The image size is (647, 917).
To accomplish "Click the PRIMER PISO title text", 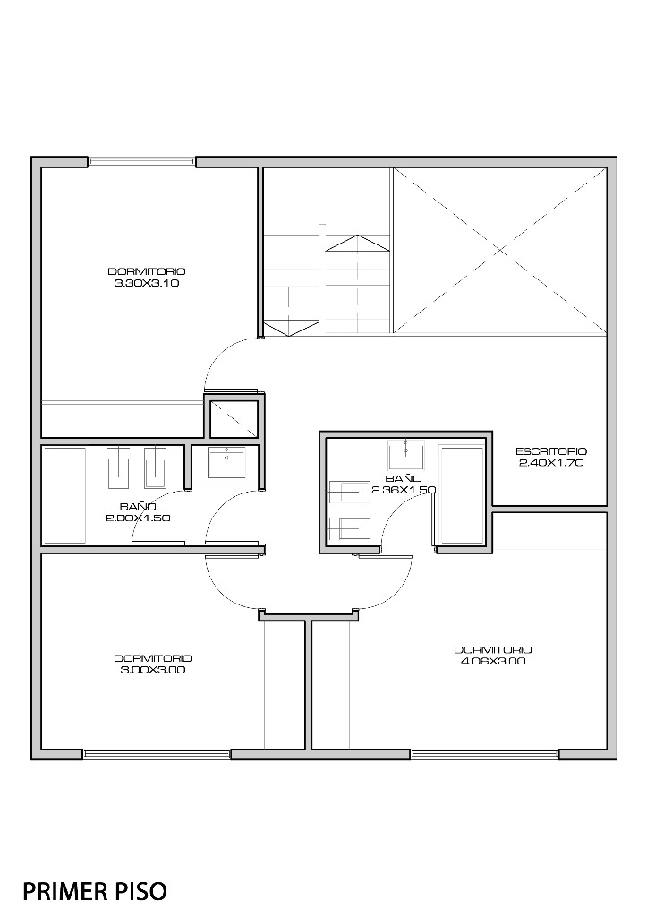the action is click(x=95, y=891).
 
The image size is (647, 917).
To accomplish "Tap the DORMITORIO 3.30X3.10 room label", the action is click(x=147, y=278).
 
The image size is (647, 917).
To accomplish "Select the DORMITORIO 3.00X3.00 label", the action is click(x=153, y=664).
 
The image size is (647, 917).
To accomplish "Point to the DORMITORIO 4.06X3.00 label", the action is click(x=493, y=656).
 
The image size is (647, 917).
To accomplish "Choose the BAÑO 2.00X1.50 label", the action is click(x=138, y=511).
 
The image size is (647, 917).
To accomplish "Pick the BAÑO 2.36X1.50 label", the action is click(x=404, y=484).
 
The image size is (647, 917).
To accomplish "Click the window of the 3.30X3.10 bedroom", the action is click(x=141, y=162).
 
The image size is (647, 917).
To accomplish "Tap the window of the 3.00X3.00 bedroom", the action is click(x=157, y=754).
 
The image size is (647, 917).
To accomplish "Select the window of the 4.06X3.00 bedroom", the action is click(x=484, y=754).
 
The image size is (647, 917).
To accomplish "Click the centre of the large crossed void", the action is click(x=499, y=251).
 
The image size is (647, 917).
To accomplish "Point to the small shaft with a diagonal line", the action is click(x=234, y=419).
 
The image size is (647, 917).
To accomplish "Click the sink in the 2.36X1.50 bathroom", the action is click(x=405, y=455).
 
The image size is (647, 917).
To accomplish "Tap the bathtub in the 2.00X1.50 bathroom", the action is click(x=64, y=495).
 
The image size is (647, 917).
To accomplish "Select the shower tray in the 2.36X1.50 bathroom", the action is click(x=463, y=495).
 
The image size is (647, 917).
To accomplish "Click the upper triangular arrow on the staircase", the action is click(x=357, y=244).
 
